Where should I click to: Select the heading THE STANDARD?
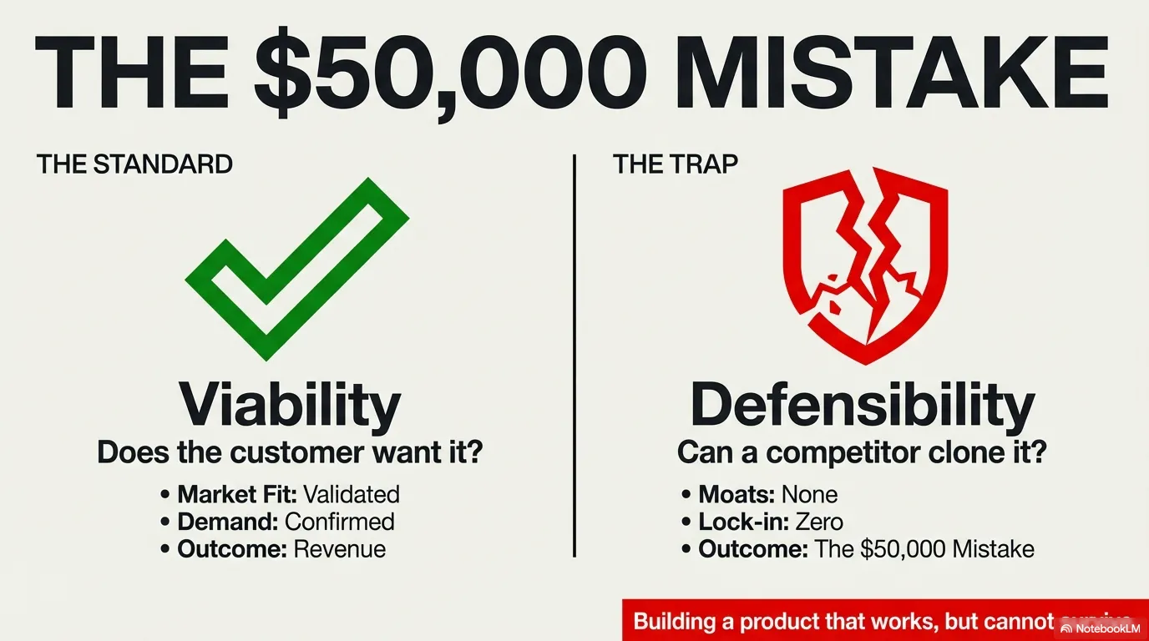pyautogui.click(x=134, y=164)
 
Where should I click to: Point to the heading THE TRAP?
pyautogui.click(x=675, y=164)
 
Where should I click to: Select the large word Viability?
pyautogui.click(x=291, y=405)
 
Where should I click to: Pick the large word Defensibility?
pyautogui.click(x=863, y=405)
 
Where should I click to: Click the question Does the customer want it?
pyautogui.click(x=291, y=453)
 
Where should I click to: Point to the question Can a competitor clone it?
pyautogui.click(x=862, y=453)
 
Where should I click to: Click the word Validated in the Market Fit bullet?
pyautogui.click(x=351, y=494)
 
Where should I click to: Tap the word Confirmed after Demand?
pyautogui.click(x=339, y=522)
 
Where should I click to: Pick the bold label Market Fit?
pyautogui.click(x=236, y=494)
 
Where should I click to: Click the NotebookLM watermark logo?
pyautogui.click(x=1101, y=628)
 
